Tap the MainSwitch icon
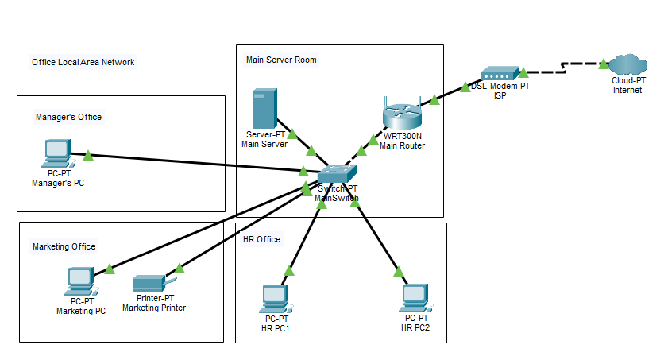(338, 174)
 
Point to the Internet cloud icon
(627, 64)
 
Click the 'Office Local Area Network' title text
(83, 62)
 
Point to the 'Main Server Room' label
(281, 59)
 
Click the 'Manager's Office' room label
(69, 117)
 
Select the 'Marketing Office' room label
(64, 246)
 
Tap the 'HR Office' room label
(261, 239)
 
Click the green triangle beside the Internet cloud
(603, 63)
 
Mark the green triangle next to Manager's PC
(89, 154)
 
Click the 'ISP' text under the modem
(500, 96)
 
